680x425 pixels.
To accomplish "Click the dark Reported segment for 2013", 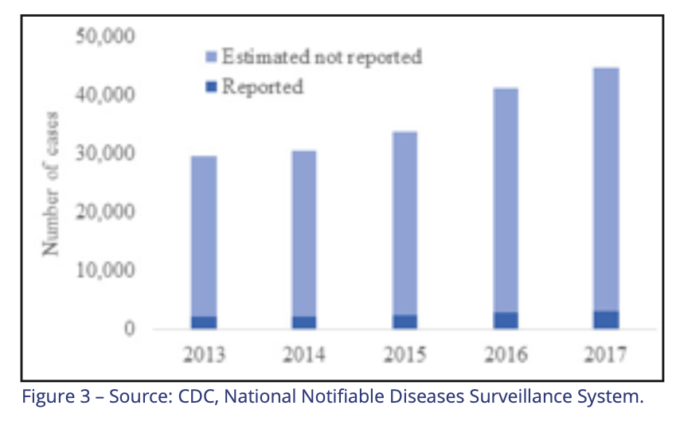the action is (204, 322).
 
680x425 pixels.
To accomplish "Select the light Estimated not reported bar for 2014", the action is (304, 234).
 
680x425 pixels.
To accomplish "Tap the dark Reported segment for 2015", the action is (405, 322).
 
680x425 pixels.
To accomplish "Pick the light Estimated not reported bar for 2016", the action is (506, 201).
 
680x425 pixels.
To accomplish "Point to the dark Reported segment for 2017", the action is (606, 320).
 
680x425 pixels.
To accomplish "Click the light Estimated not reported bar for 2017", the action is (606, 190).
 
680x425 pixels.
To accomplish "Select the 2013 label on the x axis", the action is (205, 355).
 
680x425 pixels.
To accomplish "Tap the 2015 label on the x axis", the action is (405, 355).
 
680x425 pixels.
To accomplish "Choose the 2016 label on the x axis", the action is (506, 355).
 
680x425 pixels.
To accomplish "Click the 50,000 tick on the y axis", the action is (105, 36).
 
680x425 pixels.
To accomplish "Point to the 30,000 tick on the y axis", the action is (105, 153).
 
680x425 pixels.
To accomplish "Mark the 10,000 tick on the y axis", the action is (105, 270).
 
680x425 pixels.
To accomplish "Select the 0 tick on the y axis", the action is (129, 329).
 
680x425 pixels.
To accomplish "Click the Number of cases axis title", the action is (50, 184).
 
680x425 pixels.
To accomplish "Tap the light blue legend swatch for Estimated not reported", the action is (211, 57).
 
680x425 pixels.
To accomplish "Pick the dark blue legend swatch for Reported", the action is (211, 87).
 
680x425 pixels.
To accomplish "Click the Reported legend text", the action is (263, 87).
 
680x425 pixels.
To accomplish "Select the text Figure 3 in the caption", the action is (56, 397).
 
